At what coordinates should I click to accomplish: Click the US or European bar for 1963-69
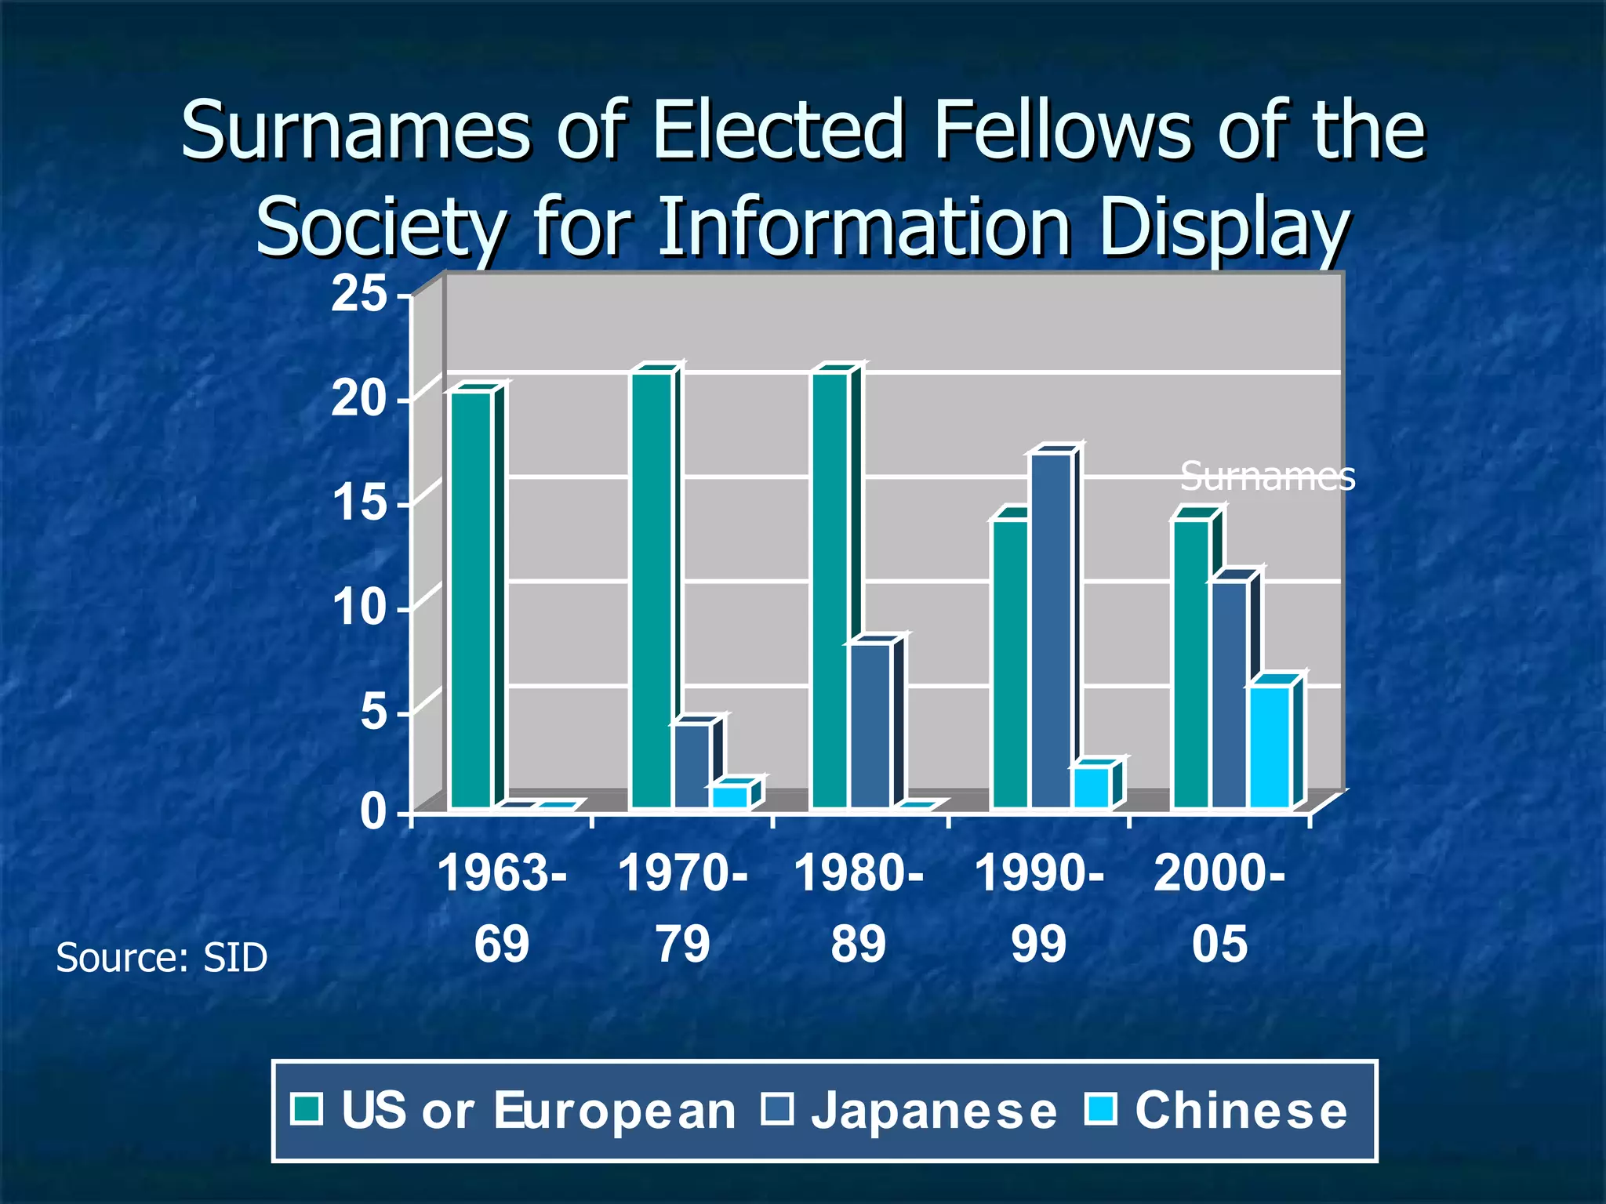pyautogui.click(x=471, y=600)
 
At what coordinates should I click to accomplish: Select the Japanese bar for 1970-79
pyautogui.click(x=692, y=766)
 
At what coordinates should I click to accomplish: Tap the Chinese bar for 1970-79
pyautogui.click(x=730, y=796)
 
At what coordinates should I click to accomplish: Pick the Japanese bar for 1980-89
pyautogui.click(x=870, y=725)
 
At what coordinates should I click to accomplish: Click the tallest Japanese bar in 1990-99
pyautogui.click(x=1052, y=630)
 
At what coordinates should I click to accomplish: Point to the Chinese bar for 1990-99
pyautogui.click(x=1092, y=787)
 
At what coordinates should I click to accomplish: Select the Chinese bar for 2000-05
pyautogui.click(x=1270, y=746)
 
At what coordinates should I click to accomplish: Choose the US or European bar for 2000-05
pyautogui.click(x=1191, y=662)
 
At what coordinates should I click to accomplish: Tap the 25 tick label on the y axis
pyautogui.click(x=359, y=295)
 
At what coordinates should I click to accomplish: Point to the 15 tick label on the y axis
pyautogui.click(x=359, y=502)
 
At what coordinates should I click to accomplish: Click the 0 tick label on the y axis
pyautogui.click(x=373, y=812)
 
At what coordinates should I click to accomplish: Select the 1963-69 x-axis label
pyautogui.click(x=502, y=908)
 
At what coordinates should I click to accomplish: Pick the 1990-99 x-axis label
pyautogui.click(x=1039, y=908)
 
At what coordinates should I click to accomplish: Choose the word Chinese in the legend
pyautogui.click(x=1241, y=1111)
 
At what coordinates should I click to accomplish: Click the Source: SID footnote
pyautogui.click(x=162, y=958)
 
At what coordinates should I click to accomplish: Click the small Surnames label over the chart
pyautogui.click(x=1267, y=476)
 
